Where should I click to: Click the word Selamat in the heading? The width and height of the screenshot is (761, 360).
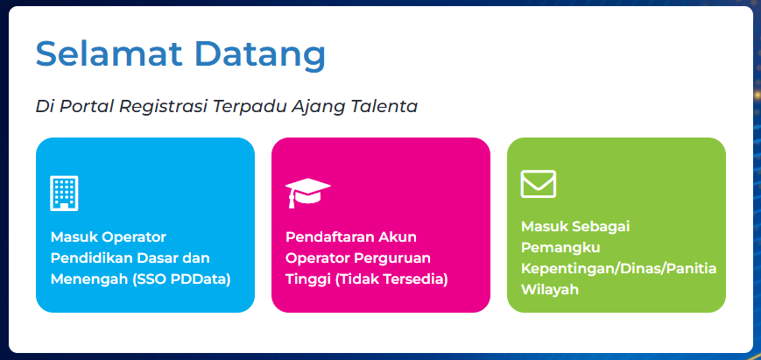click(108, 54)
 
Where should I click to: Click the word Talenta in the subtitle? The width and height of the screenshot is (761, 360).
click(384, 106)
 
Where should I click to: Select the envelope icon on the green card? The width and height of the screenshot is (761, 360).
click(539, 184)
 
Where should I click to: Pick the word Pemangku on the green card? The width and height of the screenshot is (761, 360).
click(560, 246)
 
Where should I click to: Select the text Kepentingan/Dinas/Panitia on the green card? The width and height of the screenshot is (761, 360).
click(618, 268)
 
